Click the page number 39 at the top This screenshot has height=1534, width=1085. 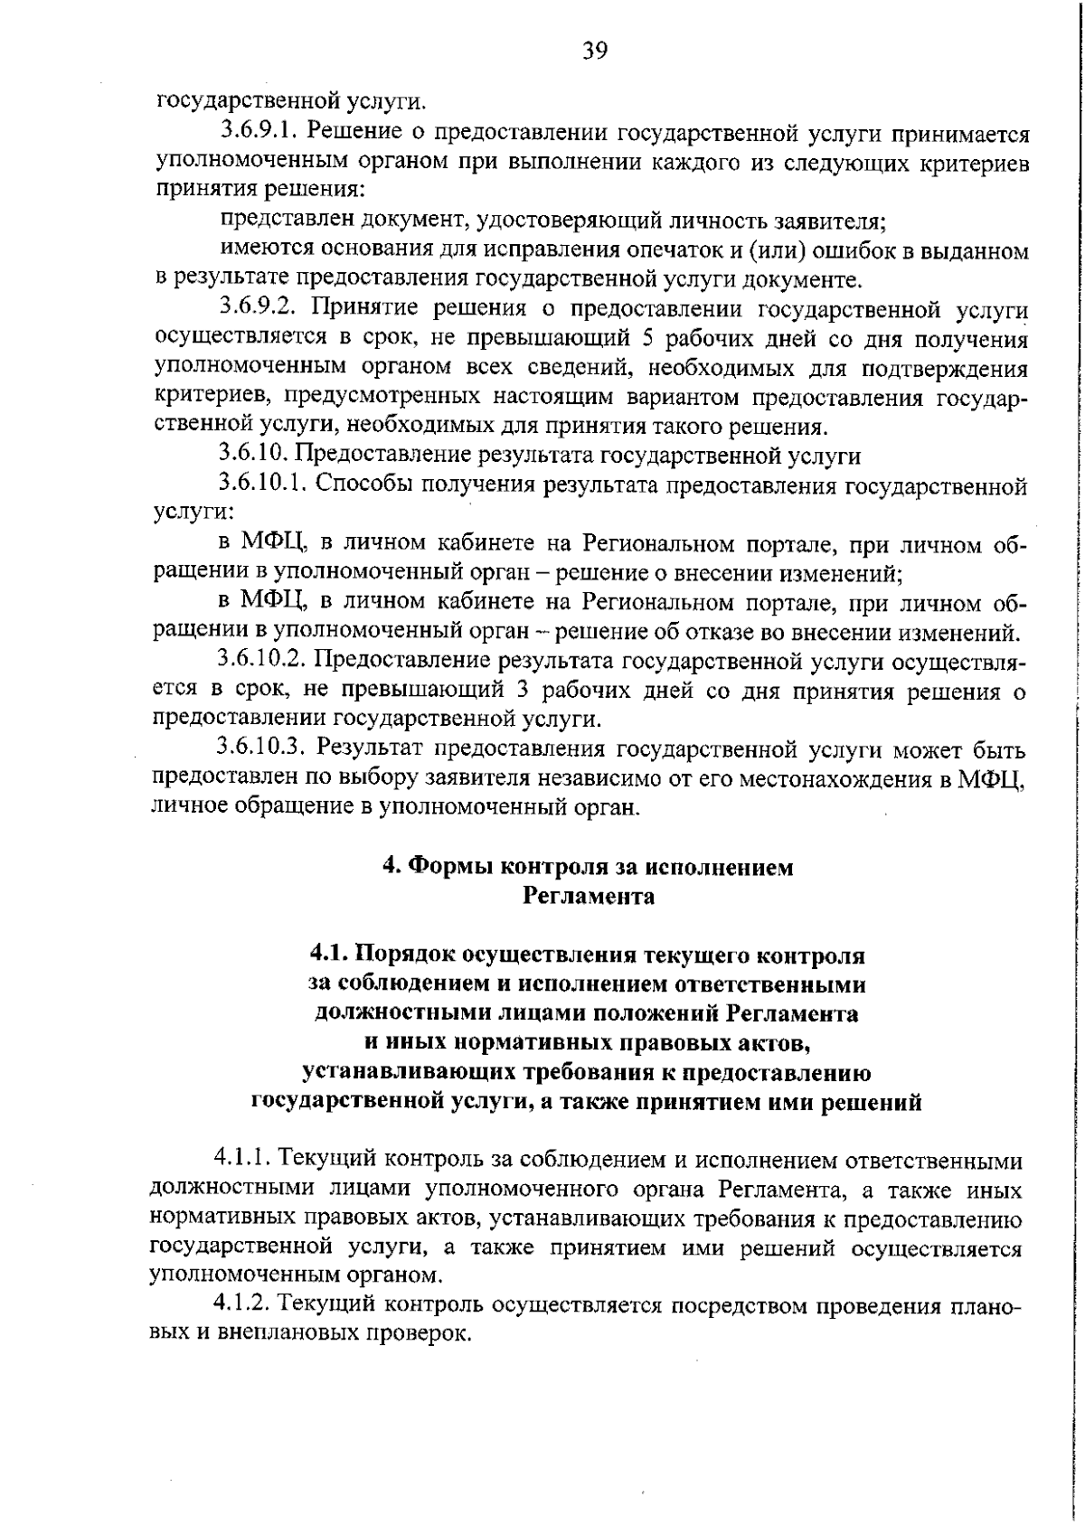tap(595, 51)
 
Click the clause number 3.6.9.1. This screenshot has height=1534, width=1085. tap(259, 132)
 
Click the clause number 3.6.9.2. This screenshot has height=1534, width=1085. tap(259, 309)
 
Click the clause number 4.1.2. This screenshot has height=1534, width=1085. tap(241, 1306)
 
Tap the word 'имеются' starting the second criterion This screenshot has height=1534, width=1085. tap(266, 250)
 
